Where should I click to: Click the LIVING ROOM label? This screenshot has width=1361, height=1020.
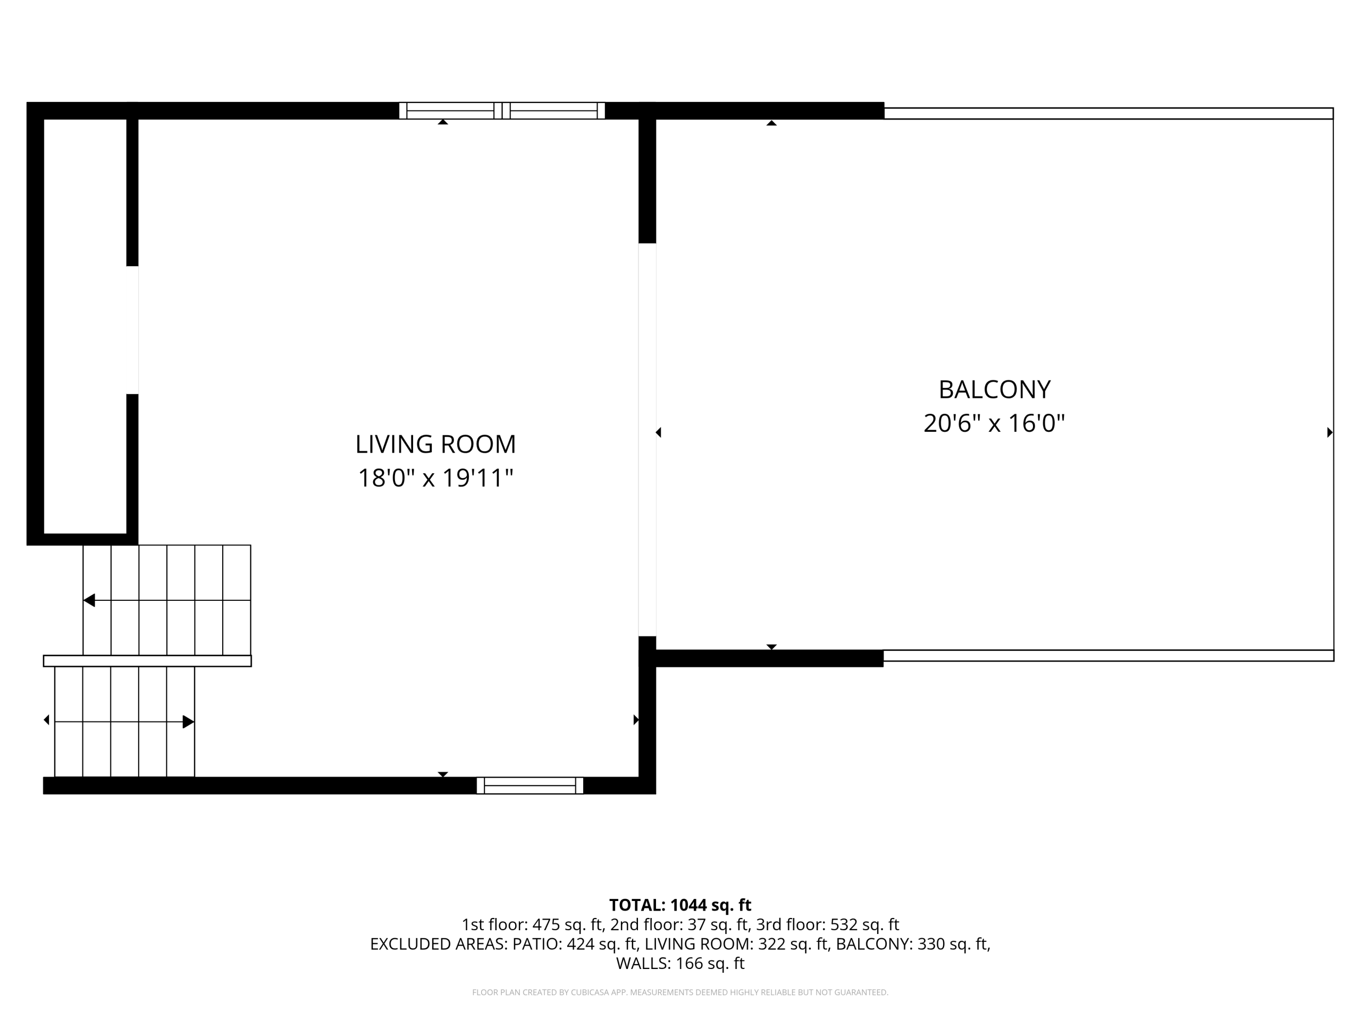435,445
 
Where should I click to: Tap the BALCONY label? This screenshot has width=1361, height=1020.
994,390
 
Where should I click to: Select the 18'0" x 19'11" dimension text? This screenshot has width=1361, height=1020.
435,478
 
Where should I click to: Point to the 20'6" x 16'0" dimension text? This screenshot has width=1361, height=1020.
994,423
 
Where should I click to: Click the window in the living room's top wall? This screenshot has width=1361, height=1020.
502,110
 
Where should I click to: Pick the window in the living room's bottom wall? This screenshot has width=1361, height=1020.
530,786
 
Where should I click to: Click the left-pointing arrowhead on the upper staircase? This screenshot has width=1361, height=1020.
89,600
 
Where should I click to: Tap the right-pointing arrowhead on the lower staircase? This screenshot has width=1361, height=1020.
188,722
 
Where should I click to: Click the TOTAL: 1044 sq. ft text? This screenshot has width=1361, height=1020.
680,905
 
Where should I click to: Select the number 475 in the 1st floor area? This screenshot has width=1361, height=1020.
545,925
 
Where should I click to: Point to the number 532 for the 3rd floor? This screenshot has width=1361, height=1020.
844,925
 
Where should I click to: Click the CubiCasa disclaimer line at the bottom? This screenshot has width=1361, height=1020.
680,992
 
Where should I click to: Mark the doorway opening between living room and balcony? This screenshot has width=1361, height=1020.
648,439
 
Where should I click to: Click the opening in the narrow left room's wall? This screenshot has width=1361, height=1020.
132,330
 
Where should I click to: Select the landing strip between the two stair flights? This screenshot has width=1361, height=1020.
147,661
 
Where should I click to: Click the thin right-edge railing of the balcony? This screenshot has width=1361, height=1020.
1333,385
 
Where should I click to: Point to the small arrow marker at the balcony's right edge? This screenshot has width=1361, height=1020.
1330,432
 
